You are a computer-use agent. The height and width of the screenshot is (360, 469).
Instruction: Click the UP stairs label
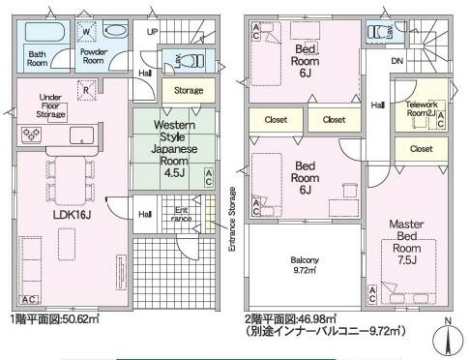click(152, 32)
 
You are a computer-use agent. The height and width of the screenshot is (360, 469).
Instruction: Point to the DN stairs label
click(397, 60)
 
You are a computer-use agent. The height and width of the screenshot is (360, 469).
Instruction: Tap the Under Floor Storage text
click(49, 106)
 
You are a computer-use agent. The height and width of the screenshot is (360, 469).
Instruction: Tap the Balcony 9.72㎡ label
click(304, 266)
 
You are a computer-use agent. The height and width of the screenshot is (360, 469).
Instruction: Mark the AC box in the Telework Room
click(441, 121)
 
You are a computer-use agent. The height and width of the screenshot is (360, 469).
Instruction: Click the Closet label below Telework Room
click(421, 150)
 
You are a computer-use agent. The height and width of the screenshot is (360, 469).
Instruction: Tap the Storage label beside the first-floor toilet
click(189, 90)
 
